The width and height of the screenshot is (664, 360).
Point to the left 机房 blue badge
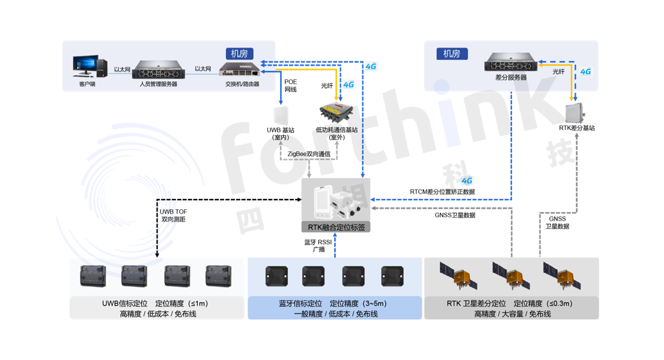coord(239,54)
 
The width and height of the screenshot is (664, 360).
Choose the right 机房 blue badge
coord(452,54)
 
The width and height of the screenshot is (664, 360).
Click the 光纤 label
coord(558,72)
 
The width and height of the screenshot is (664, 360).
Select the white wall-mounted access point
coord(281,115)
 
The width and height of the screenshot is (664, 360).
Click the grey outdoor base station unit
coord(575,112)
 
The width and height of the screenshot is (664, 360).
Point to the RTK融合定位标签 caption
coord(337,228)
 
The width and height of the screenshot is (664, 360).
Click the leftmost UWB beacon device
coord(93,275)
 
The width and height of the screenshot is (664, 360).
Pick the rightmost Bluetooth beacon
coord(392,275)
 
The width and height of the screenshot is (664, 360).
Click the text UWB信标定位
coord(120,304)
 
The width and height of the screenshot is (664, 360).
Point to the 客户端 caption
coord(87,84)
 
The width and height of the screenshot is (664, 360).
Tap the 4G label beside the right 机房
coord(585,72)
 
